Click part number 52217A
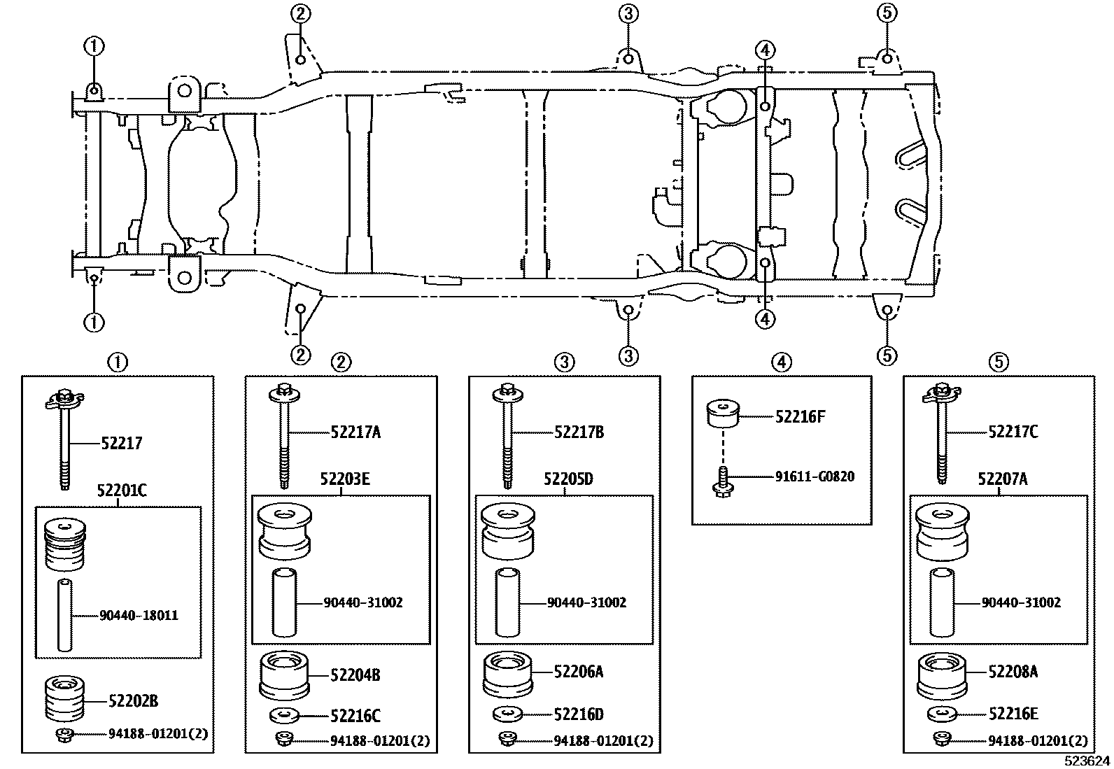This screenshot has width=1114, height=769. click(x=355, y=432)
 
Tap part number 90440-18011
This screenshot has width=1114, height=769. click(x=139, y=616)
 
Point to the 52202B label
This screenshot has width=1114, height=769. click(x=133, y=700)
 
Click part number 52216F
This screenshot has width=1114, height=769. click(x=800, y=417)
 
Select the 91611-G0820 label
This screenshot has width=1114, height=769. click(x=815, y=477)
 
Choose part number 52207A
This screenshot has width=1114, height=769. click(x=1002, y=479)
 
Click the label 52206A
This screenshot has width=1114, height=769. click(x=578, y=672)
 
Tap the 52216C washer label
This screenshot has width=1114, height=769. click(x=355, y=716)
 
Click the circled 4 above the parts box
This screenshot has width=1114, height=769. click(x=781, y=362)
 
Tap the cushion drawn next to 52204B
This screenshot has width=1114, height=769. click(x=284, y=675)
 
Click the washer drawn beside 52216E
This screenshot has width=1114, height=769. click(x=943, y=714)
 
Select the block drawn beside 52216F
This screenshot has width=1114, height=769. click(x=722, y=414)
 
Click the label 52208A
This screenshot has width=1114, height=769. click(x=1013, y=672)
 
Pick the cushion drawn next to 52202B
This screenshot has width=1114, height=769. click(x=64, y=698)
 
